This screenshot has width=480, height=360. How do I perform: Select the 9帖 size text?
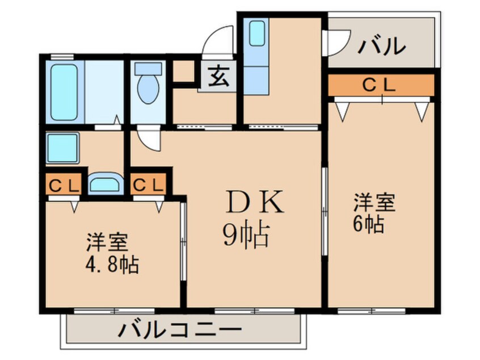coord(245,235)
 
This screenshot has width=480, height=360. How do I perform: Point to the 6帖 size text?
coord(369,223)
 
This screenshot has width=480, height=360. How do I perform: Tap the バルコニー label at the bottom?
coord(181,330)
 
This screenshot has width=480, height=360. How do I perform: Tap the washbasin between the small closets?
coord(106,184)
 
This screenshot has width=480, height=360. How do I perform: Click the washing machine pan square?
coord(63,148)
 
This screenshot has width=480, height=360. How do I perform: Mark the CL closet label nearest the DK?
coord(148,185)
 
